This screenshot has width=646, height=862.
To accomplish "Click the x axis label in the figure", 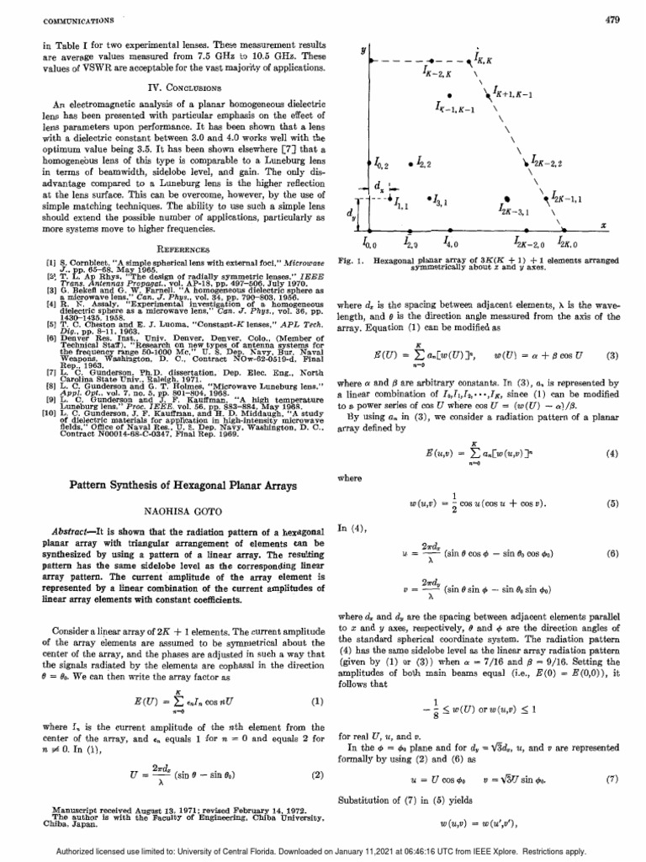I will [603, 226].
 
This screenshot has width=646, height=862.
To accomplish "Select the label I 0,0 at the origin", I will [369, 244].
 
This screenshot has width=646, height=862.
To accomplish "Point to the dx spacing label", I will [380, 184].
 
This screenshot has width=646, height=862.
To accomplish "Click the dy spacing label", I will [352, 215].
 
